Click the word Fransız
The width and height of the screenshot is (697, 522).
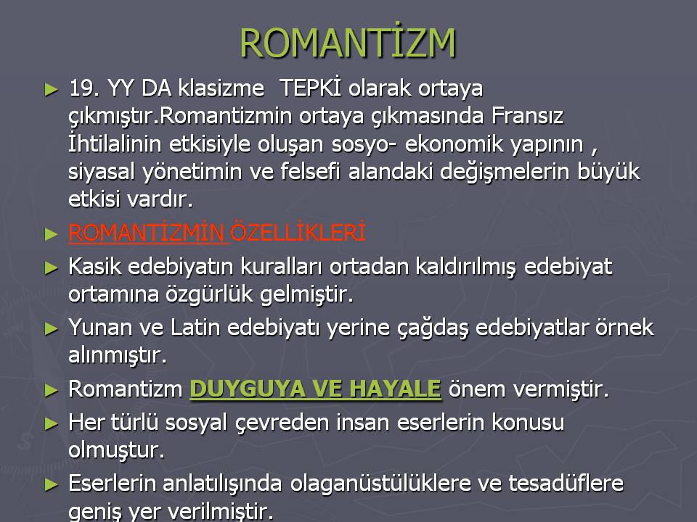[x=527, y=115]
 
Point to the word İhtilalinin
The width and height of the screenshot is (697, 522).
[x=115, y=143]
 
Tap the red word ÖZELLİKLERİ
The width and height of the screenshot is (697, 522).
[x=298, y=231]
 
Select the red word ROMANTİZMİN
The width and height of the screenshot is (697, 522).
[x=147, y=232]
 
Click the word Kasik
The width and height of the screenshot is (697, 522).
[x=95, y=266]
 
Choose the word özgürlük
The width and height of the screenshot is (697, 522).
[x=209, y=294]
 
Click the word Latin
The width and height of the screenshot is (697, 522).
[x=195, y=328]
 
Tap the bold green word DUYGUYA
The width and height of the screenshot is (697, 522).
[x=247, y=389]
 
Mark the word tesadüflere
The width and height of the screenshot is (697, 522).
[x=566, y=484]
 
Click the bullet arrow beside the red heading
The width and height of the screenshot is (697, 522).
[x=52, y=233]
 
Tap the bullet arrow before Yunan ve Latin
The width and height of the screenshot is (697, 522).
[x=52, y=329]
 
